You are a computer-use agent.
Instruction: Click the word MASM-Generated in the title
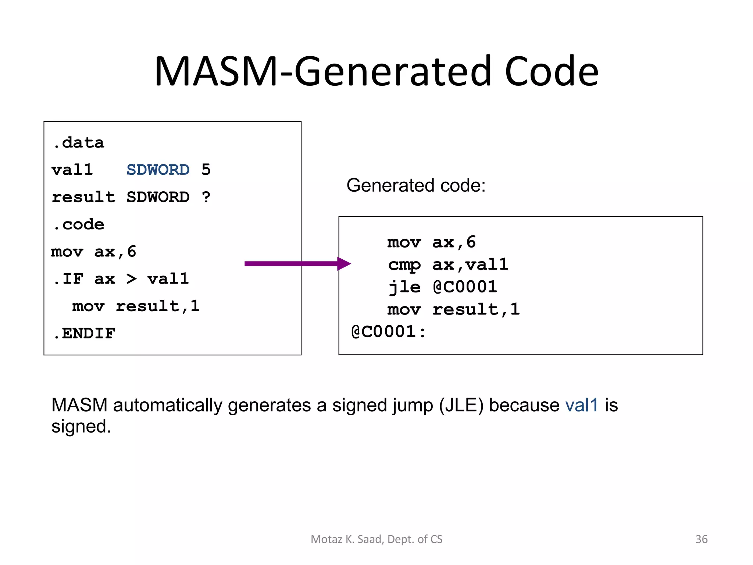[323, 72]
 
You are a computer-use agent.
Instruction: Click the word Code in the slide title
[551, 72]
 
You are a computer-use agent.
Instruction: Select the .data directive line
[78, 143]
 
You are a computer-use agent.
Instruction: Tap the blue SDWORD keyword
[158, 170]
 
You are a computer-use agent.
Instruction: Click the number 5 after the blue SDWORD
[206, 170]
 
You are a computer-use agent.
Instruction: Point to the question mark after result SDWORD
[206, 197]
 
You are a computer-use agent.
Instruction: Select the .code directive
[79, 224]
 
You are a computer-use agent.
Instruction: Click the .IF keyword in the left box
[68, 279]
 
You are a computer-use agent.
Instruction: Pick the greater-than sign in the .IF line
[131, 279]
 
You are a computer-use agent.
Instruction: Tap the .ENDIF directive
[84, 334]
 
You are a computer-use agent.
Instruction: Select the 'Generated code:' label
[416, 185]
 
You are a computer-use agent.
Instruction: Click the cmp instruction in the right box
[404, 265]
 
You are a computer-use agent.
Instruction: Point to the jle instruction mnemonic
[404, 287]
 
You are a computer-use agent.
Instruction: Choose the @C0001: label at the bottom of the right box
[388, 332]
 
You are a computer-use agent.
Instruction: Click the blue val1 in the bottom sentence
[582, 405]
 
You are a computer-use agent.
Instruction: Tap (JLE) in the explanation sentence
[461, 405]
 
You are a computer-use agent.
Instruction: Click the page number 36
[701, 539]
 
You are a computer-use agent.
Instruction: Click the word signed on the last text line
[81, 427]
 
